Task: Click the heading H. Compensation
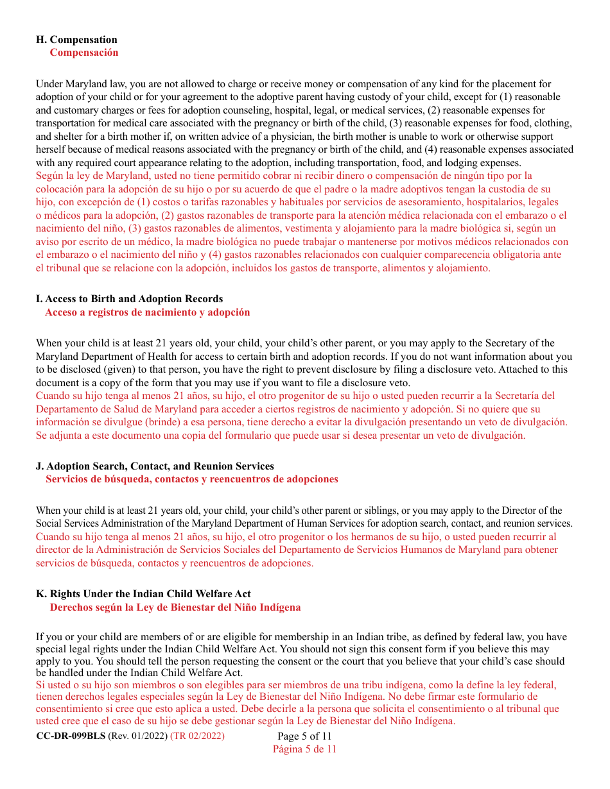point(76,40)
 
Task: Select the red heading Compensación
point(84,53)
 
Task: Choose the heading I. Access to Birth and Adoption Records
point(129,299)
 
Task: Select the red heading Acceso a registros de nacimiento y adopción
point(147,312)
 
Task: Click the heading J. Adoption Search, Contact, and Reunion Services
point(155,466)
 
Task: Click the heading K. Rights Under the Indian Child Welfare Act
point(143,594)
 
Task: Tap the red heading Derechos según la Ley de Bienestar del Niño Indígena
point(175,607)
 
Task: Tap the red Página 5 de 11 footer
point(304,749)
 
